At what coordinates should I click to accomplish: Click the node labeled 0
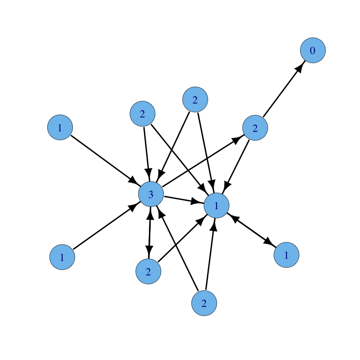313,50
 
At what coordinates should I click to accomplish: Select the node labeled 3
151,194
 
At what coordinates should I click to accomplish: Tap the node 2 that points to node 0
255,128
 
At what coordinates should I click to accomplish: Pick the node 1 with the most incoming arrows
216,206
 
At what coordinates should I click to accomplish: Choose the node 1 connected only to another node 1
286,255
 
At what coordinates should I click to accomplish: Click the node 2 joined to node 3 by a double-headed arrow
148,272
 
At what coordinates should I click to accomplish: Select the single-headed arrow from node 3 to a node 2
202,162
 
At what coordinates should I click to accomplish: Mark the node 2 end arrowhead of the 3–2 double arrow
149,253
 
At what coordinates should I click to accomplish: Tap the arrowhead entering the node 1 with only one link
270,243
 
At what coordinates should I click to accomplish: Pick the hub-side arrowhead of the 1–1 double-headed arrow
233,217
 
